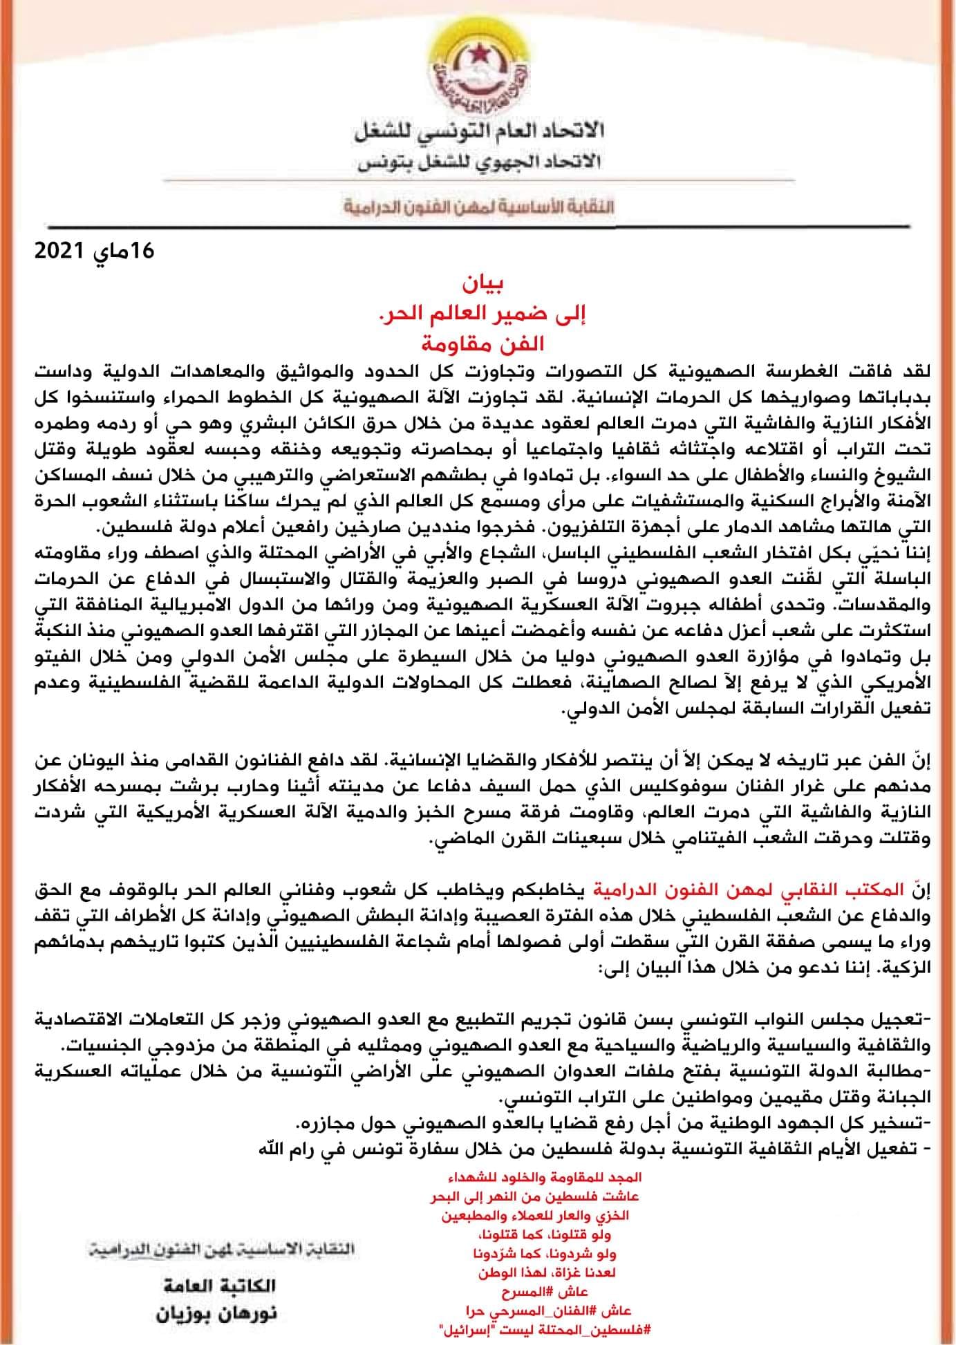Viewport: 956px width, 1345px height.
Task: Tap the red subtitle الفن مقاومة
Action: pos(478,341)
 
